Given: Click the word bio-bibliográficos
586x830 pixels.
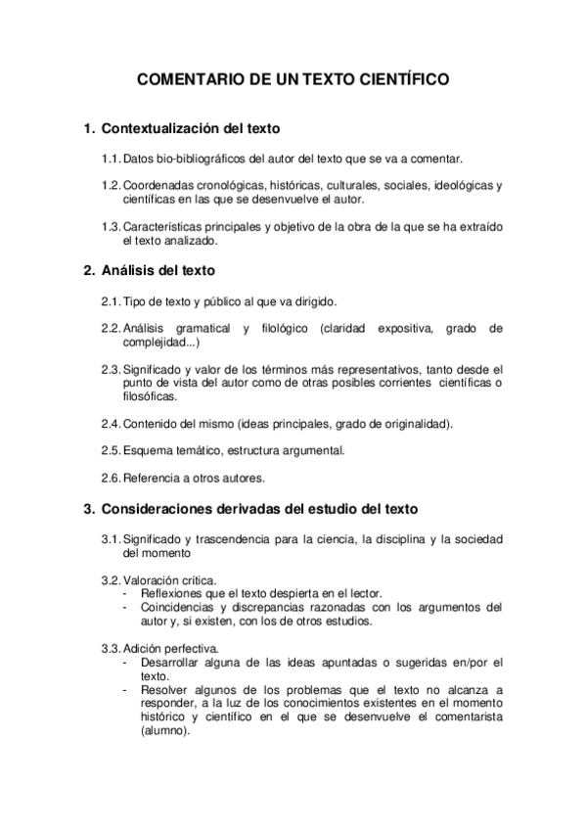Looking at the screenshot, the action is (x=207, y=158).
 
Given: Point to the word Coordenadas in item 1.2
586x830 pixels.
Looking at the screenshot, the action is (x=157, y=186).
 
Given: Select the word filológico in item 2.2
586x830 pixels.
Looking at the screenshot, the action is (x=286, y=327).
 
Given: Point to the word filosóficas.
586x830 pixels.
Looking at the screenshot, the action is (x=151, y=396).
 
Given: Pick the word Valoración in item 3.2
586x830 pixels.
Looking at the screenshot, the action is (x=151, y=579).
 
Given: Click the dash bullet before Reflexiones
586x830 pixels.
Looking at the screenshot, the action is (x=125, y=593).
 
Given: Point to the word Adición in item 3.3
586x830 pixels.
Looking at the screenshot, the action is (x=143, y=648).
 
